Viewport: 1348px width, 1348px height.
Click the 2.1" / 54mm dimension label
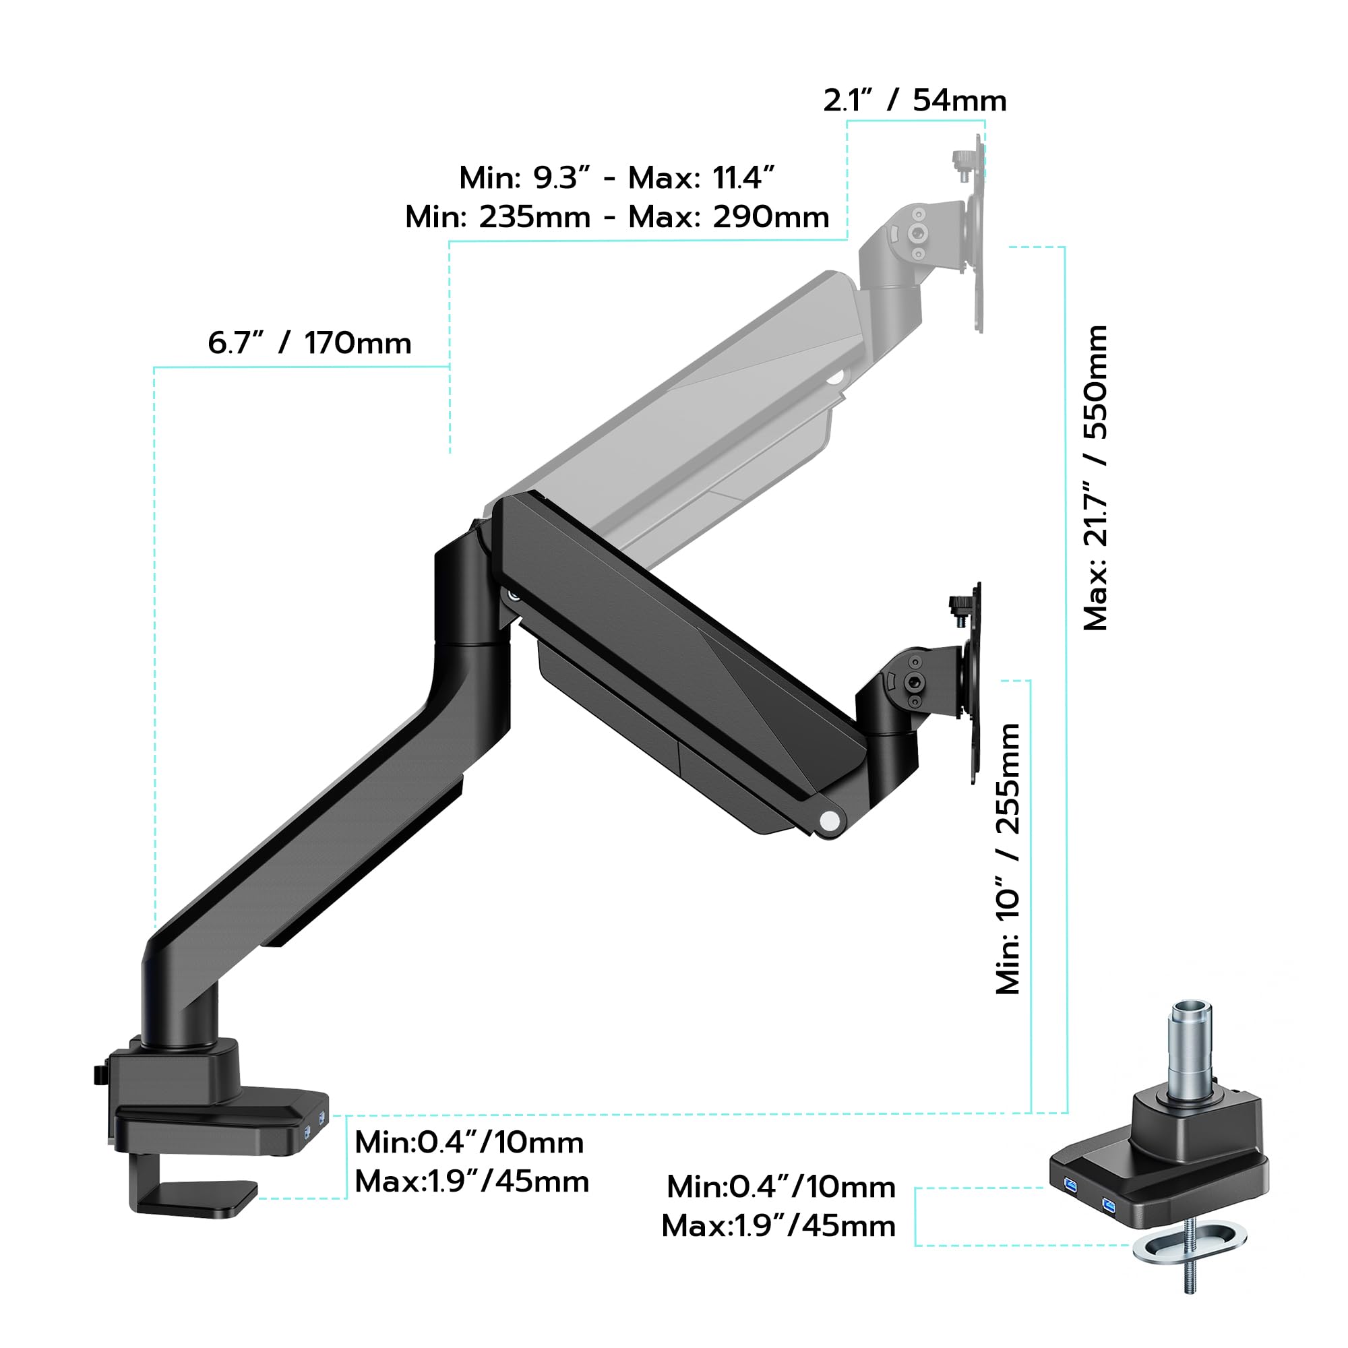tap(915, 100)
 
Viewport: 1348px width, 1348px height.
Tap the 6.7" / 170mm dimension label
tap(310, 343)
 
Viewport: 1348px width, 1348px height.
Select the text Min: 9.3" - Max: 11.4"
tap(617, 178)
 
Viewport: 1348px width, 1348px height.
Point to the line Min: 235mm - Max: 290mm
tap(617, 217)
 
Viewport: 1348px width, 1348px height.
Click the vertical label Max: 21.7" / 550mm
tap(1095, 477)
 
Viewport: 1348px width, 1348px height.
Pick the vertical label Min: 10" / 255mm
tap(1008, 858)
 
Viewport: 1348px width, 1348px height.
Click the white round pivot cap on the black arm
tap(830, 820)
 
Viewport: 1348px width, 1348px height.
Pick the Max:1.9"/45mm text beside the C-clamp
tap(472, 1182)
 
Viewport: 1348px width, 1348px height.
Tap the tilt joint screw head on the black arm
tap(913, 681)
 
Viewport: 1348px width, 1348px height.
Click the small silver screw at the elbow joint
tap(514, 595)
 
